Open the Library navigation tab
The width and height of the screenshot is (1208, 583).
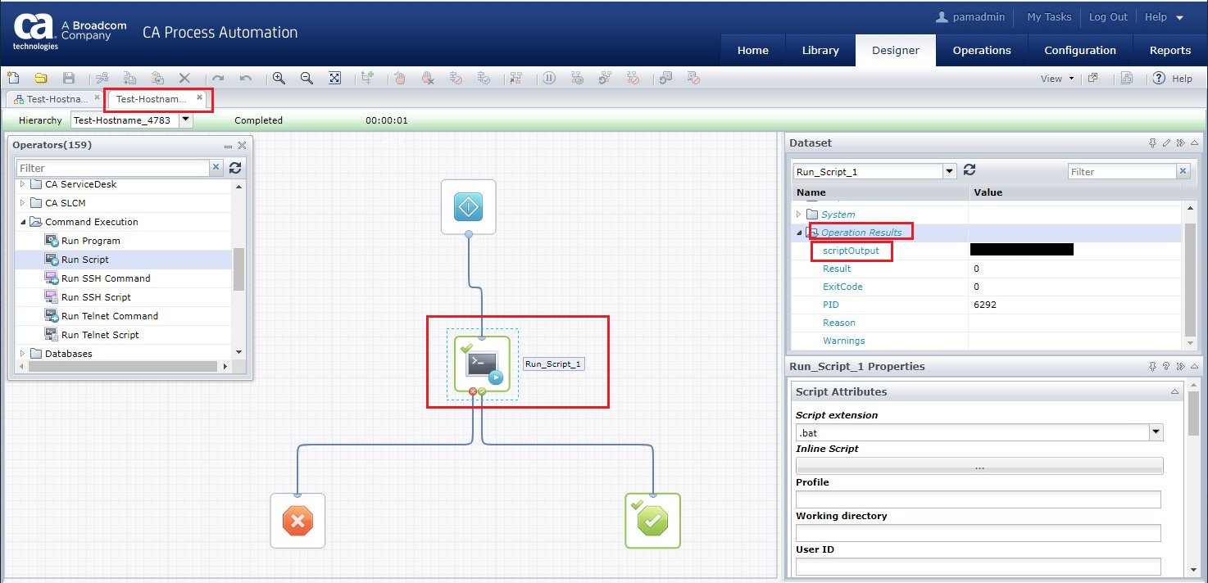820,50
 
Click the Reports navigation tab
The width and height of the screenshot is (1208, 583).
1169,50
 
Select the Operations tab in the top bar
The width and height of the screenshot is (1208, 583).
981,50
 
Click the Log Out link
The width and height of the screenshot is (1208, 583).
1108,17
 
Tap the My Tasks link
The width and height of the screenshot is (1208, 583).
1049,17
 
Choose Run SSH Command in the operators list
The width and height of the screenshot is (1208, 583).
106,278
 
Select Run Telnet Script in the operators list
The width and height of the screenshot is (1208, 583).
100,335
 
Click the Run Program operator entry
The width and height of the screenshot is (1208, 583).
90,241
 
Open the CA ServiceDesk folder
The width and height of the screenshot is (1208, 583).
80,184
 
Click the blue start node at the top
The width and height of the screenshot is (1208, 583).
468,207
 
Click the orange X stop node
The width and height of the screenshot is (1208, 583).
297,521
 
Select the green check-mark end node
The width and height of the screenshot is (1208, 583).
652,521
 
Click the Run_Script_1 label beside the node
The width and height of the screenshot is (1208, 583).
554,364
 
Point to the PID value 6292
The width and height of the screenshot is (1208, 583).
985,305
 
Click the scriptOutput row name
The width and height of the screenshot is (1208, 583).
851,251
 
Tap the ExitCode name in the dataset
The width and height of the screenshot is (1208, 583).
842,287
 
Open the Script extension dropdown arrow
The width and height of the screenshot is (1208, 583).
1156,432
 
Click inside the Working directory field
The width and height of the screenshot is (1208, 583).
978,533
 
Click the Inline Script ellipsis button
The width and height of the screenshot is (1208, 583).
979,466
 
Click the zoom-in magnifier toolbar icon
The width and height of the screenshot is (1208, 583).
279,79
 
